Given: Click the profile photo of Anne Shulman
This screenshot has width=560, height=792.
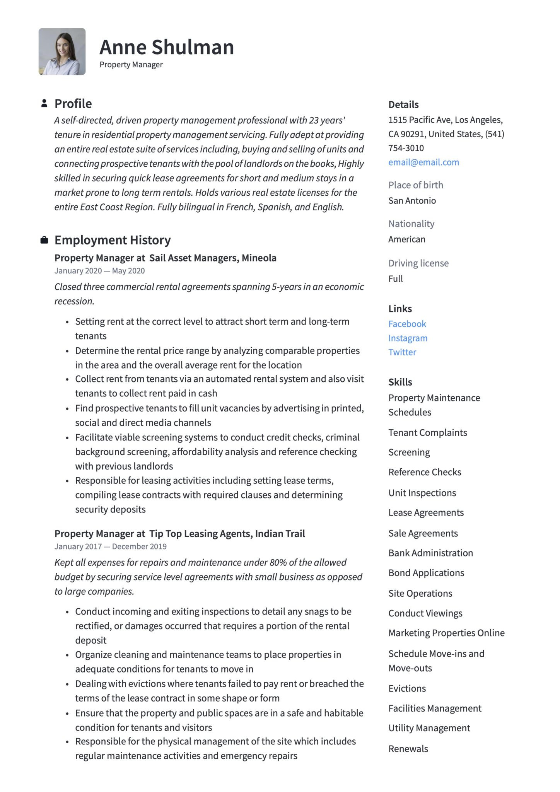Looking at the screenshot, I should point(62,51).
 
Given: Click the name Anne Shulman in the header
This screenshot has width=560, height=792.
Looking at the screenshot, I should point(167,47).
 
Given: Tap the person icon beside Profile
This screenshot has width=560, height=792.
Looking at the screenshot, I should point(44,103).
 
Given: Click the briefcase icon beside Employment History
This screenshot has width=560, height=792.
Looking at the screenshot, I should point(44,240).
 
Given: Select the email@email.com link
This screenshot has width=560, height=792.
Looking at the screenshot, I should point(423,162).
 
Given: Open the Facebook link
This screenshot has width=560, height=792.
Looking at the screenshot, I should point(407,324).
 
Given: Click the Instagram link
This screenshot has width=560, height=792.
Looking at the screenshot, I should point(408,338).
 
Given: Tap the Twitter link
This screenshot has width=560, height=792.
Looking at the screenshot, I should point(402,352).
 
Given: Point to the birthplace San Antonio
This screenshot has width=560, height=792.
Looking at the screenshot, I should point(412,201).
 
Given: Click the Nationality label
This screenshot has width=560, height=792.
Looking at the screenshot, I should point(411,224).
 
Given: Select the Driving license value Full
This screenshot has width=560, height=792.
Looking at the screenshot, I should point(395,279).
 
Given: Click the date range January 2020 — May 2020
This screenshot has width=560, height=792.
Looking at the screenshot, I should point(99,271).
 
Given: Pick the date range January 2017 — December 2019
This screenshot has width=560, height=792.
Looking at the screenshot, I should point(110,547).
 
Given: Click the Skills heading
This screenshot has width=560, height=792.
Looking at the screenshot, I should point(400,382).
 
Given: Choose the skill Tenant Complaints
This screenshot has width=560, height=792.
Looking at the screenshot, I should point(427,433).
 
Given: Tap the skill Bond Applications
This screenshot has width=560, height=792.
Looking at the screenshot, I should point(426,573).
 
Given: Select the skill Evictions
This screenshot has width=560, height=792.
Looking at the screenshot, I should point(407,689).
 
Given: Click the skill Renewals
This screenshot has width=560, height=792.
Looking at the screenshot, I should point(408,749).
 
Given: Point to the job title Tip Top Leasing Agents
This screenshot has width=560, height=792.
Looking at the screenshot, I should point(227,534).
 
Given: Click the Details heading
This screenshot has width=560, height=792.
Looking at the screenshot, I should point(403,105).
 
